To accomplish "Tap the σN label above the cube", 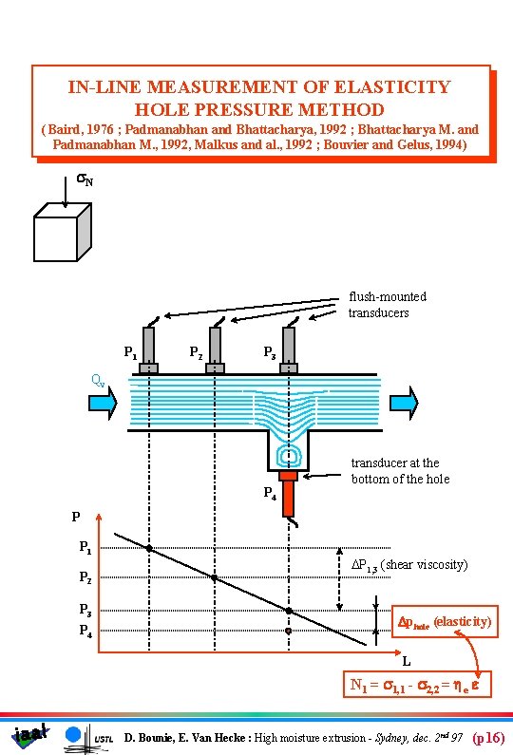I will point(84,180).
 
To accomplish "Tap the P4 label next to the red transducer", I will point(270,493).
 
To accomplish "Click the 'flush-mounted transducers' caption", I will point(387,304).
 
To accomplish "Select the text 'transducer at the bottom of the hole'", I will point(400,470).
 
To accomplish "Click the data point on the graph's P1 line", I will point(149,548).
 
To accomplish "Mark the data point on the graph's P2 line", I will point(215,577).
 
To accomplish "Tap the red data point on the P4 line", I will point(289,630).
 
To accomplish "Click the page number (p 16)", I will point(488,737).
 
